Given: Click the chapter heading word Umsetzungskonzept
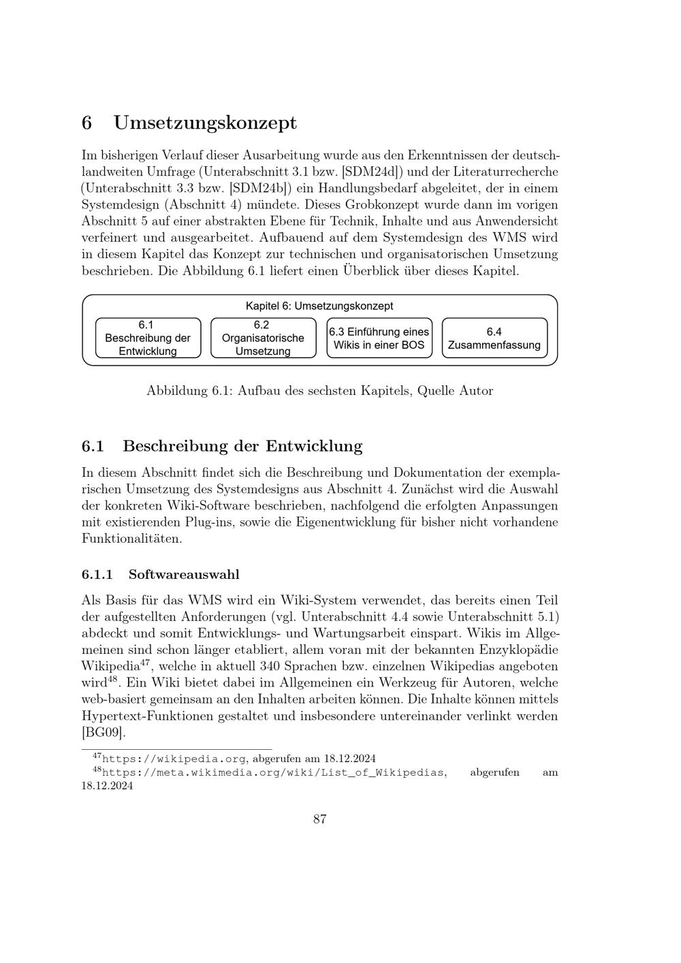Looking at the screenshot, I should click(x=205, y=123).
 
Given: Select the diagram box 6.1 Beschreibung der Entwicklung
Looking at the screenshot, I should click(x=148, y=338).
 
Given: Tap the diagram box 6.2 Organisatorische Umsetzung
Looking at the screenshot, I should click(x=263, y=338).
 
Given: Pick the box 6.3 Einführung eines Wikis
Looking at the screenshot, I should click(x=379, y=338).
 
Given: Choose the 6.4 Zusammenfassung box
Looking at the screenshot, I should click(x=494, y=338).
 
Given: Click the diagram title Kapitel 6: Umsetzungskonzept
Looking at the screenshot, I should click(x=319, y=306).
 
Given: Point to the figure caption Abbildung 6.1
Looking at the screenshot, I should click(x=319, y=391).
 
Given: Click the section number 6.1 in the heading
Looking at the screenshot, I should click(x=93, y=447).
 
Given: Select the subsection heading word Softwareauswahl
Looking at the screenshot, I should click(x=184, y=574).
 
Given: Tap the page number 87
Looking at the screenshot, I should click(x=320, y=819).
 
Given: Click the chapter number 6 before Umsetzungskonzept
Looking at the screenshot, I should click(x=86, y=123).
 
